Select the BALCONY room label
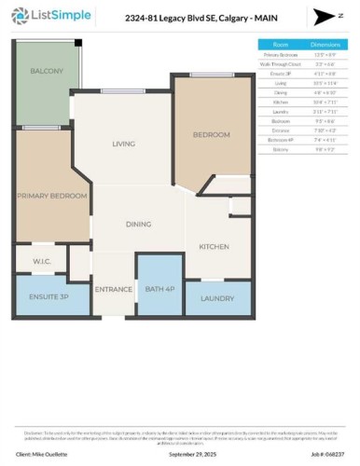pos(46,72)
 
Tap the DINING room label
pos(139,225)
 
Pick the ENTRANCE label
pos(113,290)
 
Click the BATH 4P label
pos(159,290)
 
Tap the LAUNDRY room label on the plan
pos(218,298)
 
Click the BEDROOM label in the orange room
pos(211,135)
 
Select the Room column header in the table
pos(280,44)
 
